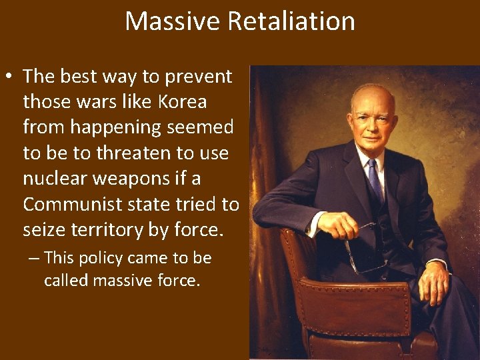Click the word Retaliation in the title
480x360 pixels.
point(291,21)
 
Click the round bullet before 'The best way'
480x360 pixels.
point(11,77)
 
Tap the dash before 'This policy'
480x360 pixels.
point(33,258)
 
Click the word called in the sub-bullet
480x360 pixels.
point(66,281)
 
